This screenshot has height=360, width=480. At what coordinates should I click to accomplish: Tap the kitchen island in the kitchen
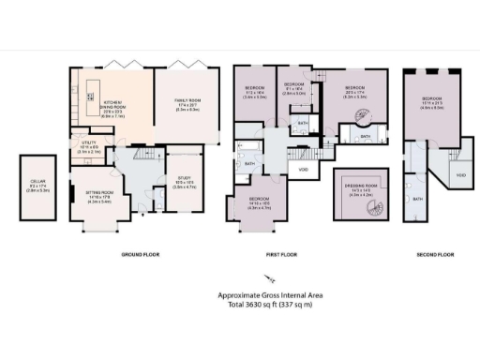[x=91, y=92]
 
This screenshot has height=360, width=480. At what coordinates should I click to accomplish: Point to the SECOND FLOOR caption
[x=435, y=255]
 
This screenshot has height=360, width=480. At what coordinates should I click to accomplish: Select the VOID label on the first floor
[x=304, y=170]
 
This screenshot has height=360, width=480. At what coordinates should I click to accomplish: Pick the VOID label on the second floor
[x=460, y=175]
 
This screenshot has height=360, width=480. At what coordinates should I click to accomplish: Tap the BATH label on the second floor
[x=418, y=199]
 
